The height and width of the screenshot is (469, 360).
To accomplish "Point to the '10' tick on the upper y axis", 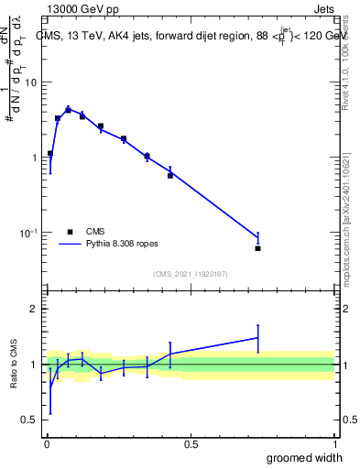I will pos(31,82).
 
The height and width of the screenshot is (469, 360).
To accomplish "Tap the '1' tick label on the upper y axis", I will pos(35,158).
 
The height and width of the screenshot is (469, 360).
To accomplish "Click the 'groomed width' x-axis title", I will pos(304,457).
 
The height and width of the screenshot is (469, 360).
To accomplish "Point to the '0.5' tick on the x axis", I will pos(191,443).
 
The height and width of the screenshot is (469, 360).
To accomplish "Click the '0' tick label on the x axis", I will pos(46,443).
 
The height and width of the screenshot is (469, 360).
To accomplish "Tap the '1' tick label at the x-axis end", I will pos(334,443).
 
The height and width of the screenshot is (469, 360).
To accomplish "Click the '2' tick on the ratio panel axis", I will pos(35,309).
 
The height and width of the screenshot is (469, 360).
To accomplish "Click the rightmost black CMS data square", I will pos(258,248).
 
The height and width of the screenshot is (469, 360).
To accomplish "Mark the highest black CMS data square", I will pos(68,110).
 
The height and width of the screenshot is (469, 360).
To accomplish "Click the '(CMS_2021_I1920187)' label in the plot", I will pos(190,273).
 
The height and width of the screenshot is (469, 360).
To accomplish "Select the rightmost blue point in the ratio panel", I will pos(258,338).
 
